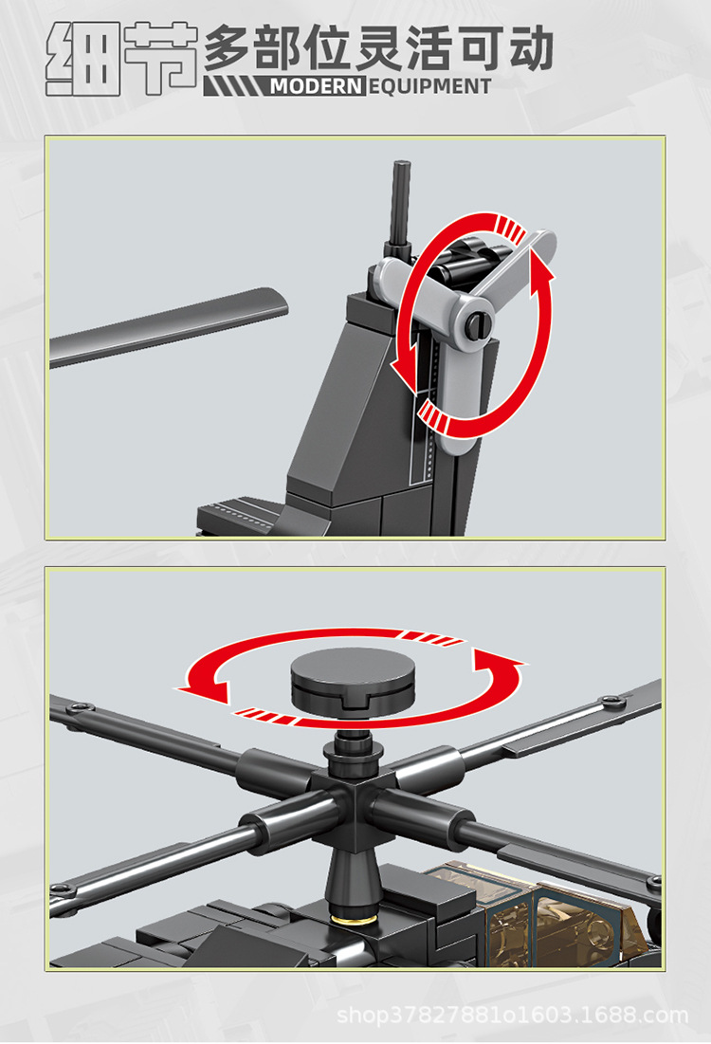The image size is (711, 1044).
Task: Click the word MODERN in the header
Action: click(317, 86)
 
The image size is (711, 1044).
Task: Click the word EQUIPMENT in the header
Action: click(429, 86)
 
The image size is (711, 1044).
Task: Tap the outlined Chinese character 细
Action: click(83, 59)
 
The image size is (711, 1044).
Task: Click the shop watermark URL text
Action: click(513, 1016)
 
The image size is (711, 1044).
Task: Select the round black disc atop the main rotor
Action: click(353, 680)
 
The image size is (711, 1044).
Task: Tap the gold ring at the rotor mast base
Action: click(353, 919)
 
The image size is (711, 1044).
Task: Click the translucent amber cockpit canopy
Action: click(553, 912)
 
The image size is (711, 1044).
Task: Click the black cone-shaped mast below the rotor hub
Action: click(353, 882)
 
